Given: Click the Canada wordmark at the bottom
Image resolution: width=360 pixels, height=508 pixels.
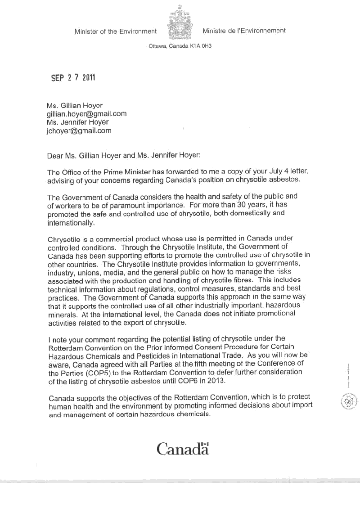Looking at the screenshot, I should click(183, 448).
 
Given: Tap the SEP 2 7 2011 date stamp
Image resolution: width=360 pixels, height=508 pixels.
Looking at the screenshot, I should click(73, 77).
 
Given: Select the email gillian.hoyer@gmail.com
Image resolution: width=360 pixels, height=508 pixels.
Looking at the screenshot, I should click(86, 113).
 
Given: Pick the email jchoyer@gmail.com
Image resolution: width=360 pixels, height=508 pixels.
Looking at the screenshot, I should click(79, 131).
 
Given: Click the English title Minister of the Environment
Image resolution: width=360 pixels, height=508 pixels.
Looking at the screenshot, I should click(116, 31).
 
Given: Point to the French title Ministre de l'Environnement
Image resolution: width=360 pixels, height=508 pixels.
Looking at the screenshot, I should click(244, 31).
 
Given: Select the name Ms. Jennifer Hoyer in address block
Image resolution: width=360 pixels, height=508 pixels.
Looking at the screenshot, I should click(77, 122).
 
